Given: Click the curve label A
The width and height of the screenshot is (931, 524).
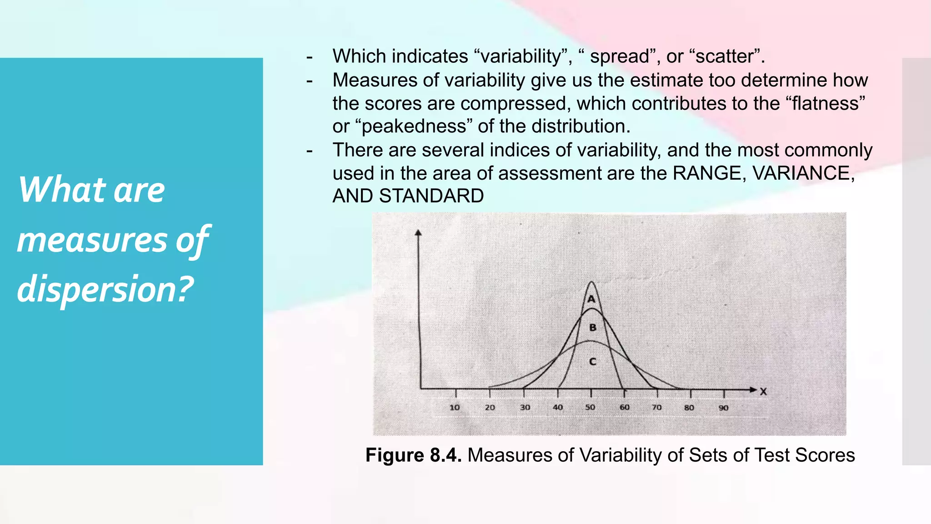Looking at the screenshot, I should (x=591, y=299).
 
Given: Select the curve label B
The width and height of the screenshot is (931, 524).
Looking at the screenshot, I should (x=593, y=327).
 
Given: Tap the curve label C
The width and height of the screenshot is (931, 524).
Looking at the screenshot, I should (x=593, y=362).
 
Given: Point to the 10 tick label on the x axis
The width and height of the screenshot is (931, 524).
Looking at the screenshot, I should (x=455, y=408).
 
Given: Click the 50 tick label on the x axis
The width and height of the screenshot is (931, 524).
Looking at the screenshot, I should (x=590, y=408).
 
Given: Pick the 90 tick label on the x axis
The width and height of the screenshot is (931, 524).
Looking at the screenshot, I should (x=724, y=408).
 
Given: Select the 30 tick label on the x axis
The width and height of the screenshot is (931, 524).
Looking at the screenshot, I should (x=525, y=408).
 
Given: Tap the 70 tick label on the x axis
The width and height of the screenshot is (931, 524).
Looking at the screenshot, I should (x=657, y=408).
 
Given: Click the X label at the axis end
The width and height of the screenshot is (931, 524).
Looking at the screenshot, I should (x=763, y=392).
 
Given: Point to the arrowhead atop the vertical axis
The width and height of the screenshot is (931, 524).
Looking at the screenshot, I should (x=418, y=233).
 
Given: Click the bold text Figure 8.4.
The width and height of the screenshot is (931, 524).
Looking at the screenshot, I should (x=413, y=455).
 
